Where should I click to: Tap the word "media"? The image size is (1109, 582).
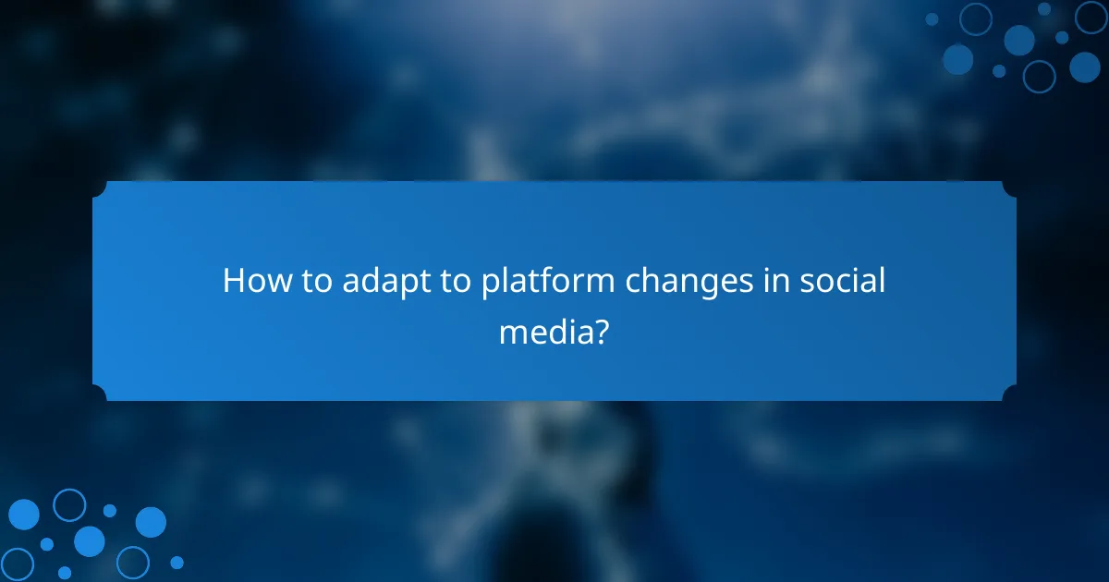pyautogui.click(x=542, y=331)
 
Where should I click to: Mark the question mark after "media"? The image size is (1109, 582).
pyautogui.click(x=600, y=330)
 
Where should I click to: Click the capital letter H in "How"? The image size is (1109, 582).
pyautogui.click(x=233, y=281)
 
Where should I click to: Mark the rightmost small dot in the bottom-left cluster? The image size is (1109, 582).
pyautogui.click(x=177, y=562)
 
